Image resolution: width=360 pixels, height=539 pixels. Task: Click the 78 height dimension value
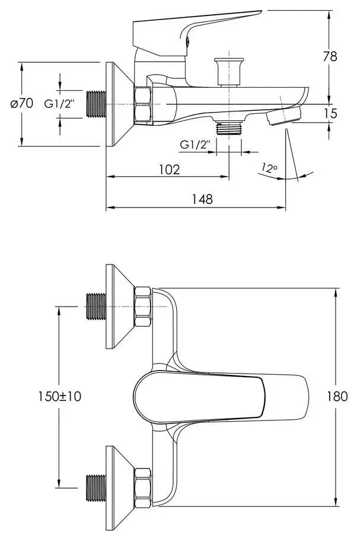click(330, 56)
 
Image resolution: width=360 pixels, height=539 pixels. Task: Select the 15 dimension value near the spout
click(330, 113)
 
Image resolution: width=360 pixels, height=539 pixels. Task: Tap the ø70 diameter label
click(22, 103)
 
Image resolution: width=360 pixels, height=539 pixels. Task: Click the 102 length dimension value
click(170, 169)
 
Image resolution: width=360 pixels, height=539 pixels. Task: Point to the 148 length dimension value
click(202, 199)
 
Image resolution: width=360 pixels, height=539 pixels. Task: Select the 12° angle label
click(269, 168)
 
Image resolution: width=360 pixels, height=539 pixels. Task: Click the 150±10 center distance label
click(59, 396)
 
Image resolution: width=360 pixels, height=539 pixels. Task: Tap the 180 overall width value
click(337, 396)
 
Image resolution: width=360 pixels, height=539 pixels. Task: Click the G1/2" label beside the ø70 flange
click(59, 103)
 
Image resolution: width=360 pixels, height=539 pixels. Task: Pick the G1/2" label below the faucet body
click(195, 144)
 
